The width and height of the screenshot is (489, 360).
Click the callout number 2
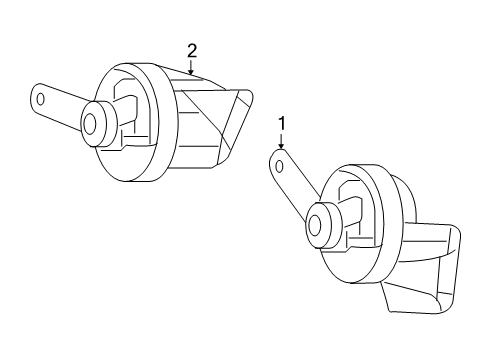(191, 49)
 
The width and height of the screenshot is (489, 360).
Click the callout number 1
(281, 124)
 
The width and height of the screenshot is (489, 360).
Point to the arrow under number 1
(281, 143)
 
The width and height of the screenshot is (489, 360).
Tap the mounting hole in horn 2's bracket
(42, 99)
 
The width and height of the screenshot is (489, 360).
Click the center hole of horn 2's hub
(89, 122)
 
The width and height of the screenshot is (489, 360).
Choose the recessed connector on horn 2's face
(128, 105)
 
